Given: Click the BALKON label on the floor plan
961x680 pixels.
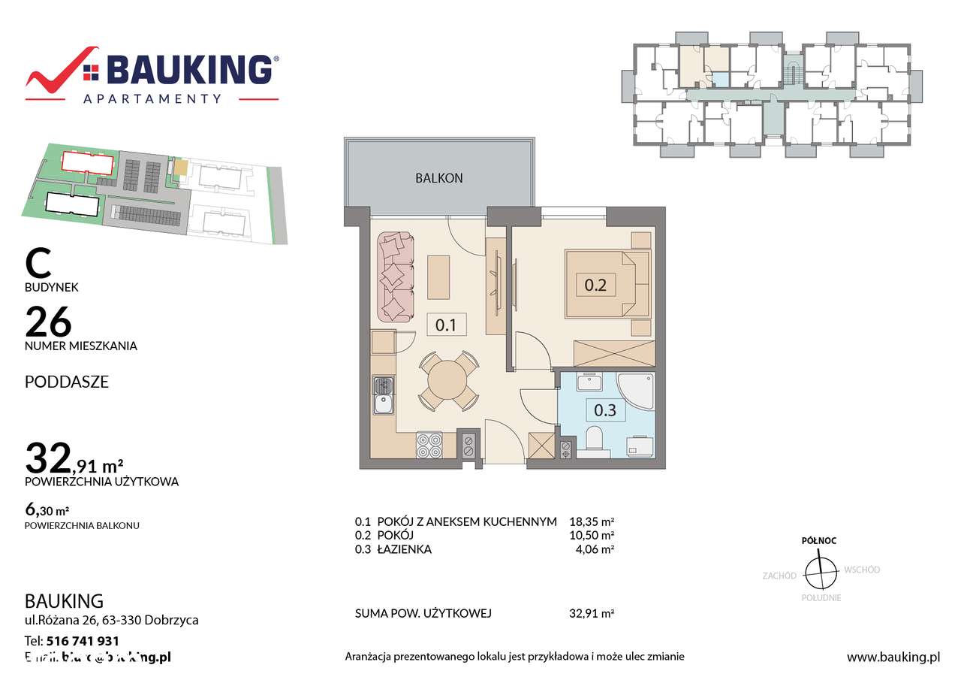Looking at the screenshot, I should pos(439,178).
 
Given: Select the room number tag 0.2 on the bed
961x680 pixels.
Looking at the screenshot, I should pos(595,285).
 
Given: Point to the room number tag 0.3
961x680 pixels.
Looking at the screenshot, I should pos(604,410).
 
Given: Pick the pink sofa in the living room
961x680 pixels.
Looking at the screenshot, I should pos(395,277).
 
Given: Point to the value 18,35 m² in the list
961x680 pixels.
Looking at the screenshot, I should pos(592,521).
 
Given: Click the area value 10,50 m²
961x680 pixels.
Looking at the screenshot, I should pos(592,535).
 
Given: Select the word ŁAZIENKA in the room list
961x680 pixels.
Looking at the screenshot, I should pos(405,549).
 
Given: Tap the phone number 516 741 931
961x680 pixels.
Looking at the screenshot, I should pos(82,641).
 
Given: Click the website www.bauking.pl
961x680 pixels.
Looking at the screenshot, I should pos(893,657).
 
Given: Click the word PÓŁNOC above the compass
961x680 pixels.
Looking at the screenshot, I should pos(818,540).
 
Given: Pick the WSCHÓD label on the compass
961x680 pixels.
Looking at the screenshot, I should pos(862,570).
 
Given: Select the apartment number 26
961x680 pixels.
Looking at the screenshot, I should pos(49,322).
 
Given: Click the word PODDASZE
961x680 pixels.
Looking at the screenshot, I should pos(67,382).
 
